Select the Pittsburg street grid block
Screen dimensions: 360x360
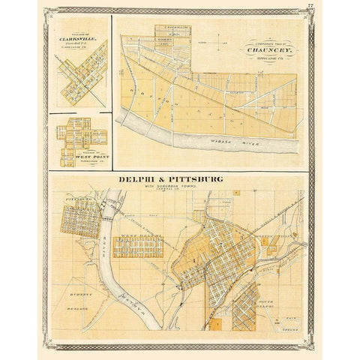pos(80,219)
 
